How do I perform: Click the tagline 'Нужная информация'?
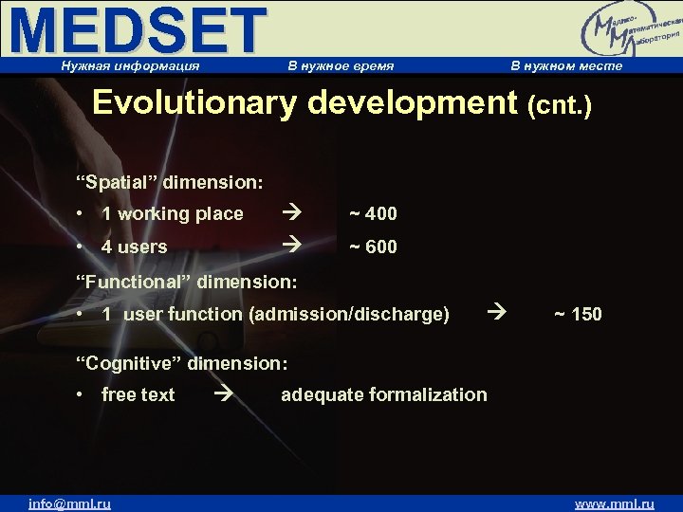(130, 66)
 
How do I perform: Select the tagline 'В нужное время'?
(341, 66)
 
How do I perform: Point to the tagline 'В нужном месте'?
(566, 66)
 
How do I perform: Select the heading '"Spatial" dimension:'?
(170, 180)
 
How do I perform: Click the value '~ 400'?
(373, 214)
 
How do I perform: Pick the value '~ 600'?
(373, 247)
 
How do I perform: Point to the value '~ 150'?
(577, 314)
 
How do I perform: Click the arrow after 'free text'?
(224, 394)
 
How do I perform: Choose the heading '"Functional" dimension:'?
(187, 281)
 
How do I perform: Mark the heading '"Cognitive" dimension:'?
(182, 362)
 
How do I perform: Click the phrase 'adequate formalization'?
(383, 394)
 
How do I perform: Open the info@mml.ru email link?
(69, 503)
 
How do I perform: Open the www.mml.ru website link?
(615, 503)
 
